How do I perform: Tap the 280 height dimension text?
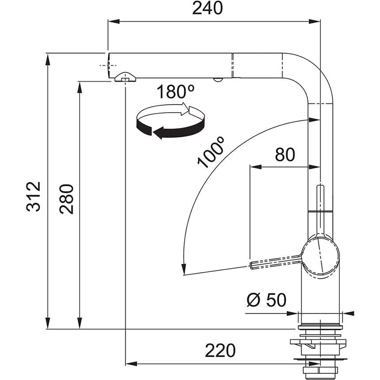point(67,199)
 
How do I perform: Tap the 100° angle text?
point(212,153)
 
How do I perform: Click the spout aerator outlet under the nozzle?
point(125,78)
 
